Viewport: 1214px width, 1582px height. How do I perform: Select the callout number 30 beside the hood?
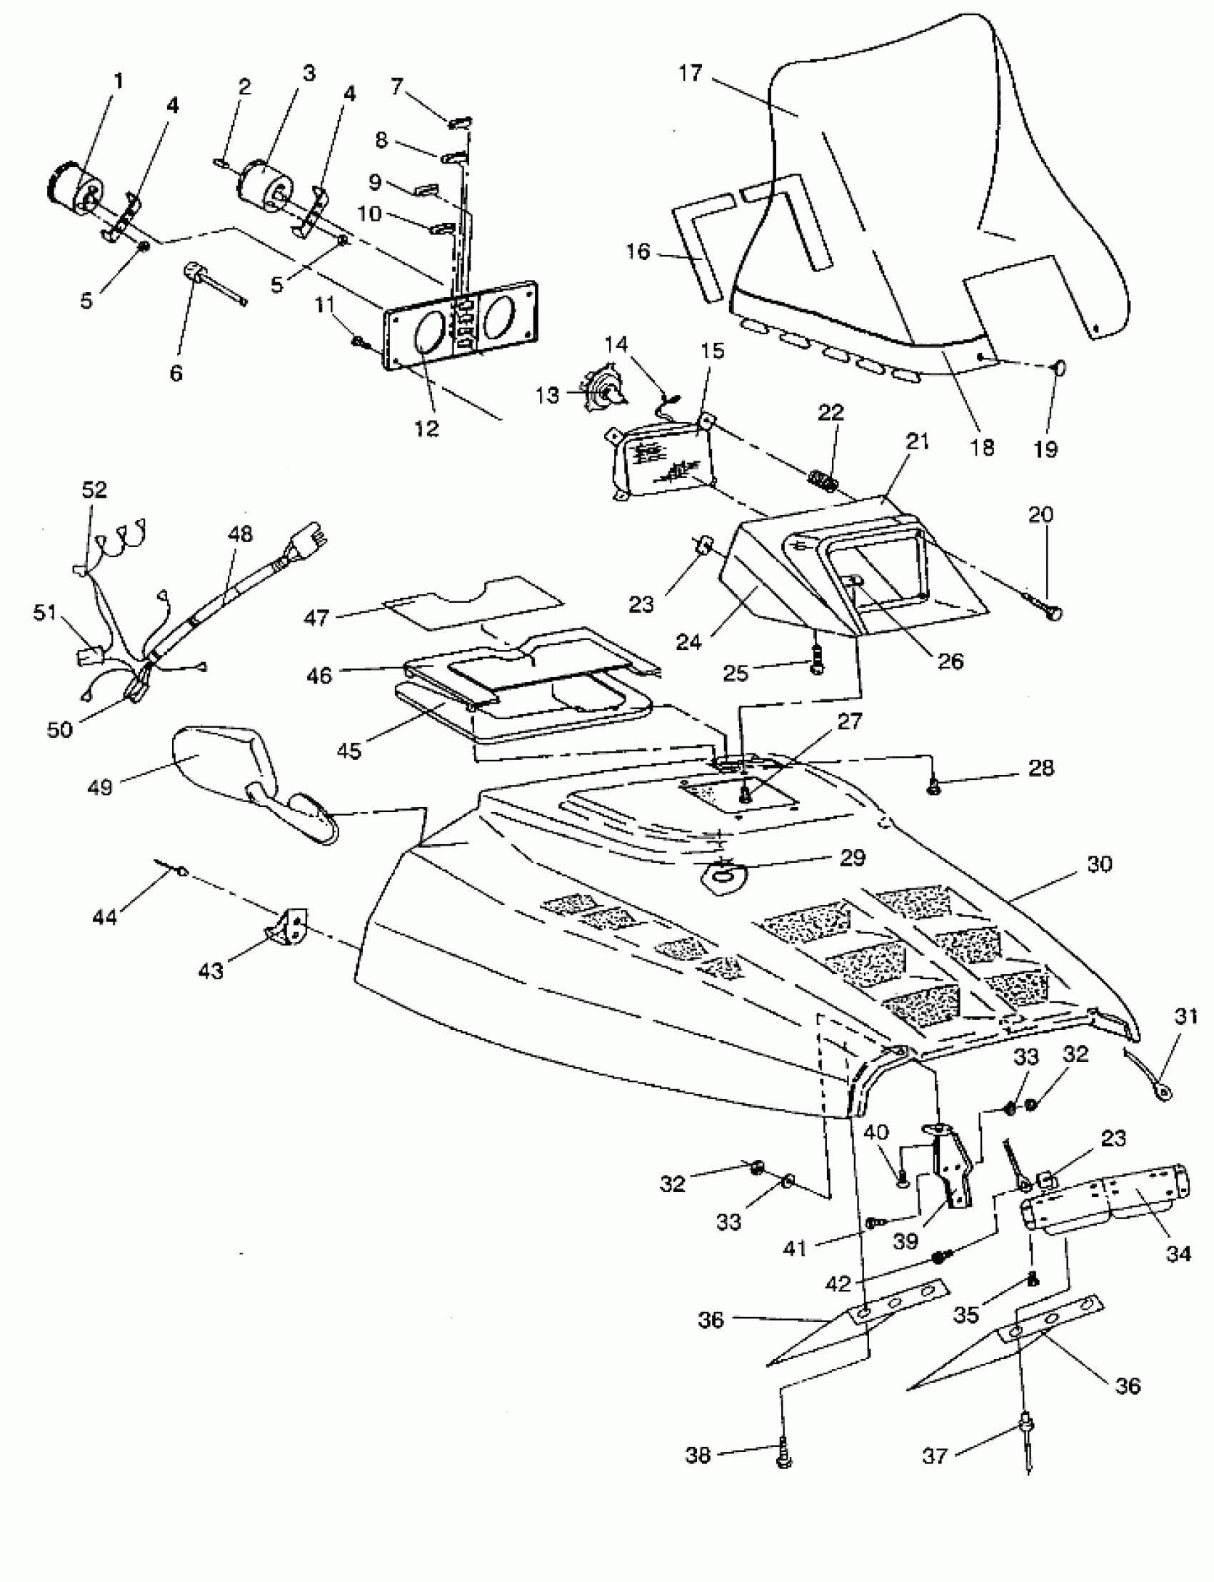pos(1098,864)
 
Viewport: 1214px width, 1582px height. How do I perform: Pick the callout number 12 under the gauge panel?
pos(427,428)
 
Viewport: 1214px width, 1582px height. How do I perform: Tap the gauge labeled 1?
pos(74,188)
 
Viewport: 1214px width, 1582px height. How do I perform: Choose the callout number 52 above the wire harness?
pos(94,489)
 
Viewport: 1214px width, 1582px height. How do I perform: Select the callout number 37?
pos(934,1455)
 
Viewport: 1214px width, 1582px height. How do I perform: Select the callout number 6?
pos(176,373)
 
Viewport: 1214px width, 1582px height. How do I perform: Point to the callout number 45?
pos(349,750)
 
